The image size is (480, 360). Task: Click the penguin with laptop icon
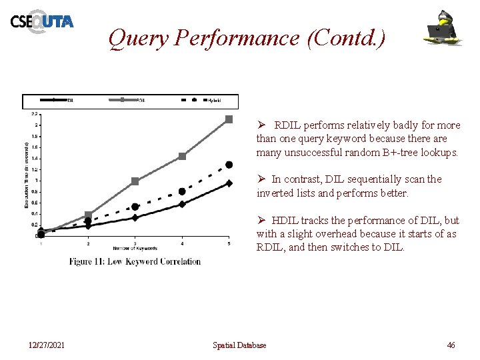tap(444, 27)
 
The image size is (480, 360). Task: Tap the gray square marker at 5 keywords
tap(229, 119)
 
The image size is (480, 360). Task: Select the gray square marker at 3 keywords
tap(135, 181)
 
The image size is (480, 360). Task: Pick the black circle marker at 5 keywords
tap(229, 165)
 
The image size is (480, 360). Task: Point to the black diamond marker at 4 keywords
tap(182, 204)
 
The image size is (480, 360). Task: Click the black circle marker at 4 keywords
tap(182, 191)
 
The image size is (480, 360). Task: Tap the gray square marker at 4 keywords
tap(182, 157)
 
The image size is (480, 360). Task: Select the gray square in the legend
tap(124, 101)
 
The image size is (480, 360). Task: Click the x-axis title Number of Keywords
tap(135, 248)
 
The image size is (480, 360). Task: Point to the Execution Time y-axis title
tap(27, 175)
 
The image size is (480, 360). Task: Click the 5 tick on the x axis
tap(229, 243)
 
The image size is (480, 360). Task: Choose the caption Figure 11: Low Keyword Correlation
tap(135, 261)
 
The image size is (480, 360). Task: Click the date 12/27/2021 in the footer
tap(46, 345)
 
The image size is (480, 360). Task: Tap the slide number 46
tap(451, 345)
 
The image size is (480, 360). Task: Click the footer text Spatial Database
tap(239, 345)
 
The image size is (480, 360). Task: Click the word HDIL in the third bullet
tap(285, 220)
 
